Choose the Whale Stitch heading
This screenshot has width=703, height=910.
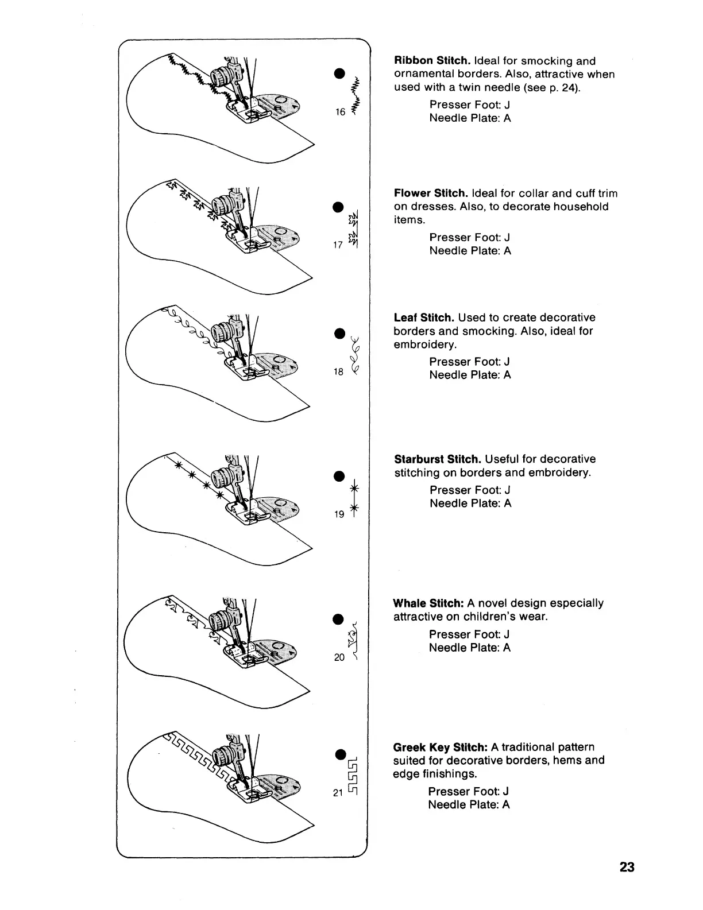pyautogui.click(x=428, y=603)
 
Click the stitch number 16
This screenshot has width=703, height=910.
pyautogui.click(x=340, y=112)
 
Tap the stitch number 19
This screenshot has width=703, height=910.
pyautogui.click(x=339, y=514)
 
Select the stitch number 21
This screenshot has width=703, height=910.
pyautogui.click(x=338, y=793)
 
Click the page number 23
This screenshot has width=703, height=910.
pyautogui.click(x=627, y=867)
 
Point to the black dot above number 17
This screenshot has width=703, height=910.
pyautogui.click(x=339, y=207)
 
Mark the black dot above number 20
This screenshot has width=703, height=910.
pyautogui.click(x=339, y=618)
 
